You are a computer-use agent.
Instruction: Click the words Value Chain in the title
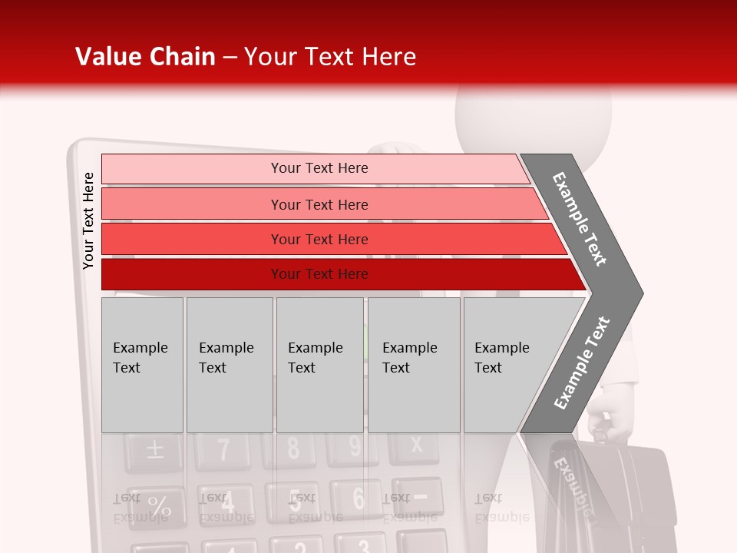145,57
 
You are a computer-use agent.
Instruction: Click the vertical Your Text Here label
88,221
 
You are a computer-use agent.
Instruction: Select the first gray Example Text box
142,365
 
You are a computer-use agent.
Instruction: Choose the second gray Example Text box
229,365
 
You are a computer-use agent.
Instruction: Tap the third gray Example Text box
319,365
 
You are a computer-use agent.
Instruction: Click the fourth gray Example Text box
414,365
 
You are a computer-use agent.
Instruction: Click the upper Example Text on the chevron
580,219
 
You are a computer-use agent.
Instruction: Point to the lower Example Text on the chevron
581,363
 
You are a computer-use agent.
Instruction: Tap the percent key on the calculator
157,507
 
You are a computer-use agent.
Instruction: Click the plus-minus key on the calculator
154,449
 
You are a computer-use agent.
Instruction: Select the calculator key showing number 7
223,449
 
